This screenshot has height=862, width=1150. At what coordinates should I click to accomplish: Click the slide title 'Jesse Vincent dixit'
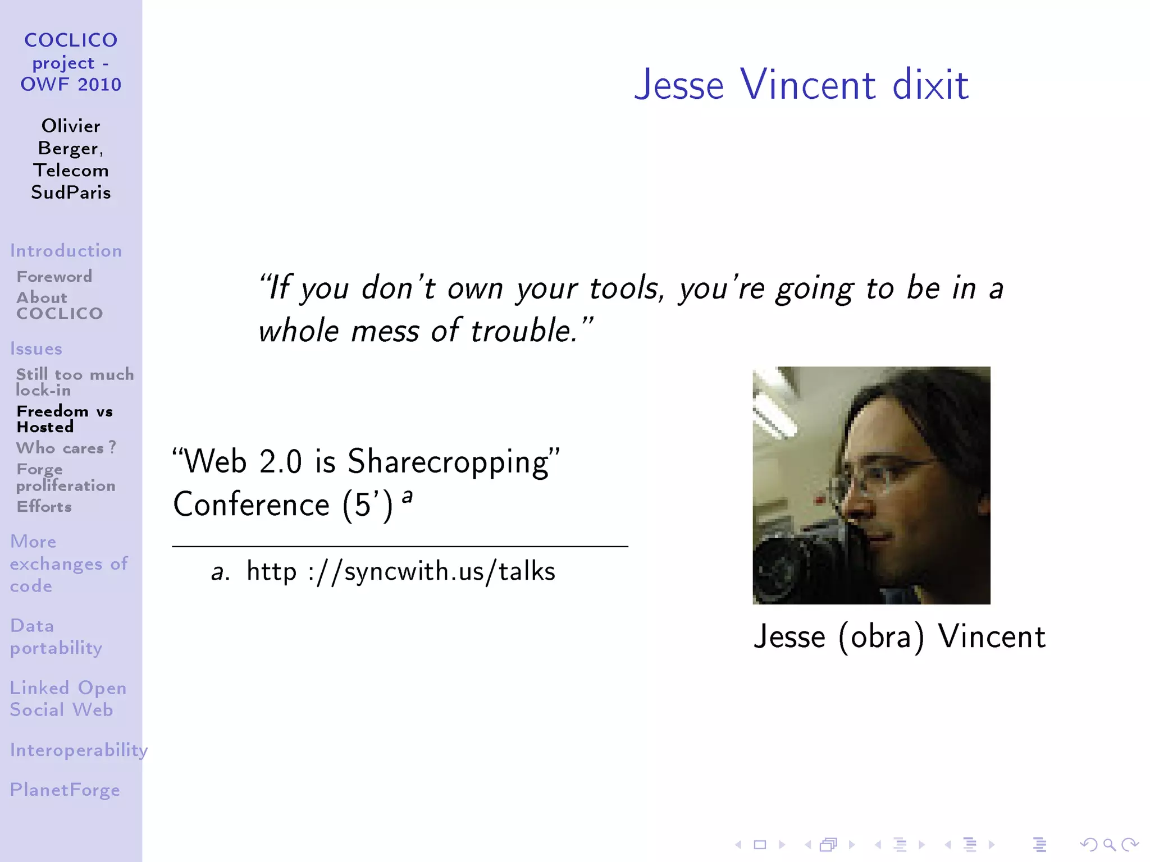coord(801,85)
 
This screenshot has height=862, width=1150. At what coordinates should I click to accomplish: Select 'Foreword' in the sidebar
coord(54,277)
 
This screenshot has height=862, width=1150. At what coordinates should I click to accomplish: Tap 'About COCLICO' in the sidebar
coord(60,305)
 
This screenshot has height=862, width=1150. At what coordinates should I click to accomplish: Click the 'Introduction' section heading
coord(66,250)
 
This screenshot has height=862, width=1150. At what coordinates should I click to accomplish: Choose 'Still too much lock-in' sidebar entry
coord(75,382)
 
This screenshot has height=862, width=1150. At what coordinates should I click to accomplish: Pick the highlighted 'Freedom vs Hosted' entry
coord(65,419)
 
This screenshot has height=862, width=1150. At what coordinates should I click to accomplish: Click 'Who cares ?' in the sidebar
coord(66,448)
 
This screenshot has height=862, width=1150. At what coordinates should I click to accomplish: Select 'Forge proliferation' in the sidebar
coord(66,477)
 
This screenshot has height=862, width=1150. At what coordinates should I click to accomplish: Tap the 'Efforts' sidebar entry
coord(44,507)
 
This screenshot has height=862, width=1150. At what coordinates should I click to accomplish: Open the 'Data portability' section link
coord(56,636)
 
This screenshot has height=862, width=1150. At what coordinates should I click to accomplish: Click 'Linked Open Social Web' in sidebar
coord(68,699)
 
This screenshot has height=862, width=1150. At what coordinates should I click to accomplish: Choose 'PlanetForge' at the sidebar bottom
coord(65,790)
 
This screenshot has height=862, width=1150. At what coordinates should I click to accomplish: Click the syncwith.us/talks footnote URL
coord(400,572)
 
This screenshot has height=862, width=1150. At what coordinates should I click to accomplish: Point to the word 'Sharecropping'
coord(449,462)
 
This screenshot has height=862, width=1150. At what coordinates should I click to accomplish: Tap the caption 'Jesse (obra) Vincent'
coord(899,637)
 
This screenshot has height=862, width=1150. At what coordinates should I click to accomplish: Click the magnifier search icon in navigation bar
coord(1109,845)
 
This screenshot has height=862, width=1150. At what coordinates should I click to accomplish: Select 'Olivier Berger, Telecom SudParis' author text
coord(71,159)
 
